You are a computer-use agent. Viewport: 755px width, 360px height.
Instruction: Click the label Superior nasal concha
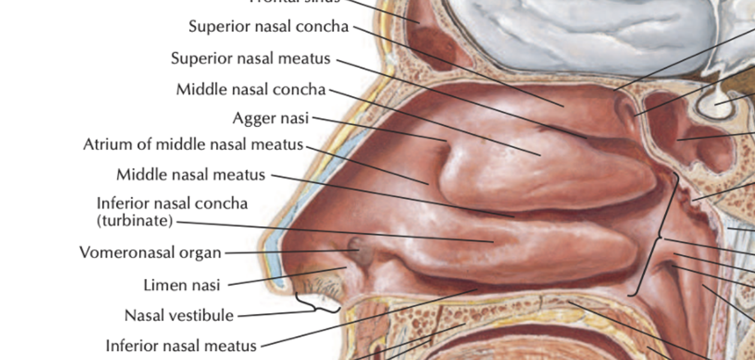268,27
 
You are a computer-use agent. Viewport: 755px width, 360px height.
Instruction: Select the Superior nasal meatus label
250,59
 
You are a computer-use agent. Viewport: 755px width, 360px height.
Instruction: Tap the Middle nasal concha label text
250,89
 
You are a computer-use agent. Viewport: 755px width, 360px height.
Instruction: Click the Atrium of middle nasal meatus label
193,145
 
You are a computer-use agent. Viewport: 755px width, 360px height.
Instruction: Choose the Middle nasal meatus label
190,175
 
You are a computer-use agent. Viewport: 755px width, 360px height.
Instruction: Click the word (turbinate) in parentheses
134,221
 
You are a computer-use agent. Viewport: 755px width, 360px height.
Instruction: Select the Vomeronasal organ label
150,253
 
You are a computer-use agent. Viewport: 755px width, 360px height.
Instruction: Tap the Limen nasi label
182,285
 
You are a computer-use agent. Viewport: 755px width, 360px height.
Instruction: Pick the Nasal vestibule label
179,315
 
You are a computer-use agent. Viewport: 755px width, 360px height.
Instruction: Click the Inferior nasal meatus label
181,346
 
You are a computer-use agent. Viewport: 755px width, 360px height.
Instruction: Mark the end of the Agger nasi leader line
447,141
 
